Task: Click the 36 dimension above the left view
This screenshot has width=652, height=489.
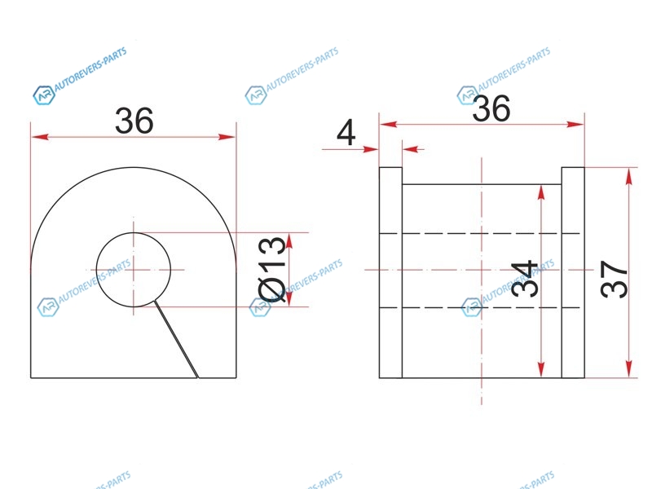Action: pyautogui.click(x=134, y=121)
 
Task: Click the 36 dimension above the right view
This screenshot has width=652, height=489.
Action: pyautogui.click(x=491, y=108)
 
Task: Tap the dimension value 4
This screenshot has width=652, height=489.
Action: pyautogui.click(x=346, y=133)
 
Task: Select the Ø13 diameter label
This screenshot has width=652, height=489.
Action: pyautogui.click(x=272, y=269)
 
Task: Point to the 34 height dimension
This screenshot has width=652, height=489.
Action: pyautogui.click(x=524, y=279)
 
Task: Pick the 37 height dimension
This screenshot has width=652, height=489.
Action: pyautogui.click(x=614, y=279)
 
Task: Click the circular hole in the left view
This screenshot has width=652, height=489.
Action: pyautogui.click(x=134, y=233)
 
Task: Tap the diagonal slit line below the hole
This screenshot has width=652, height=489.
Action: pyautogui.click(x=176, y=339)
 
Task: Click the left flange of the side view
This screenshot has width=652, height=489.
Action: pyautogui.click(x=390, y=273)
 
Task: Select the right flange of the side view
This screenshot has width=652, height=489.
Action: pyautogui.click(x=573, y=273)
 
